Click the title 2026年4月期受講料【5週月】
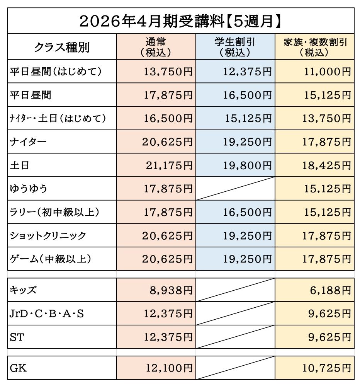tap(180, 21)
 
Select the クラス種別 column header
tap(62, 47)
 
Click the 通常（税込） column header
tap(156, 47)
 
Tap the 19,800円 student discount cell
tap(247, 165)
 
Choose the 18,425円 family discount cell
tap(326, 165)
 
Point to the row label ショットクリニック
tap(48, 235)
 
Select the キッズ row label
tap(23, 290)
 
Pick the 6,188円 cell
tap(330, 290)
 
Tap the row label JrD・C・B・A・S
tap(46, 313)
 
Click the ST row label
tap(18, 337)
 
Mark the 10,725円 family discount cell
tap(326, 368)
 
